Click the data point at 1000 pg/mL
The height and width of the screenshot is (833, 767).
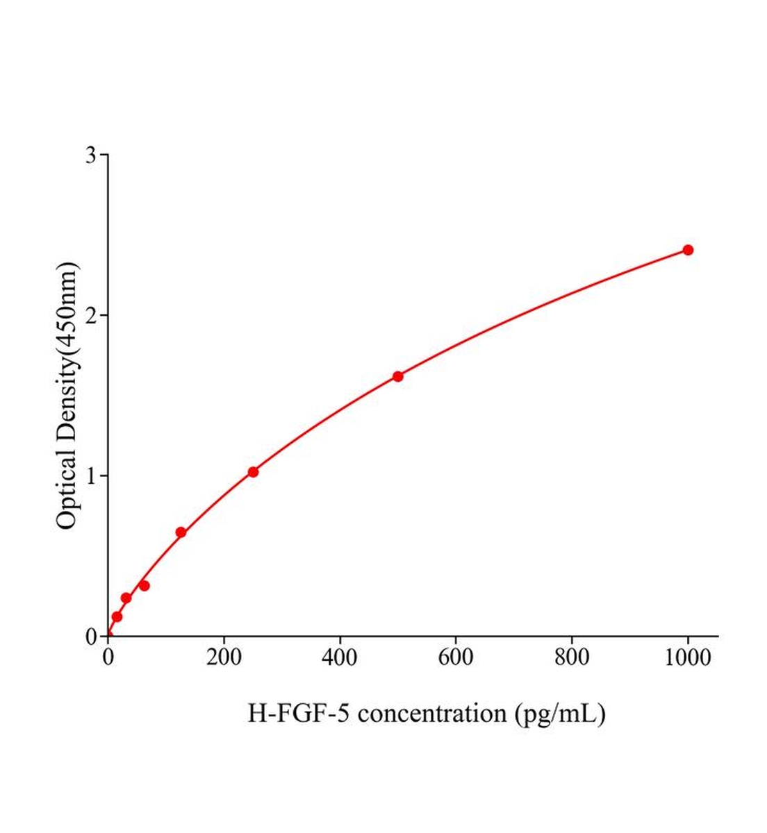(x=688, y=250)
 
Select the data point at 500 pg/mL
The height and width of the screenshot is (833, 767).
(x=398, y=376)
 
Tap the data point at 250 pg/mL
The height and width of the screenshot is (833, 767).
(x=253, y=472)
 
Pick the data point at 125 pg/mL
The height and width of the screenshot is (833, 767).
(x=181, y=532)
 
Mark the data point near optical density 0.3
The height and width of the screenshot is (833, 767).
(x=144, y=585)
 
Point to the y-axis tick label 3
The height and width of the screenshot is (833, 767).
(x=91, y=155)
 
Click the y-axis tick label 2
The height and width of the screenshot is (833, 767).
(x=91, y=315)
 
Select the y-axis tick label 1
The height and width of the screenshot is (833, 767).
(x=91, y=476)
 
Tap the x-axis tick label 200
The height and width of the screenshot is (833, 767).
(x=224, y=657)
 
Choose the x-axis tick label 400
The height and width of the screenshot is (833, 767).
(x=340, y=657)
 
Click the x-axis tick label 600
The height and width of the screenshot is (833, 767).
(x=456, y=657)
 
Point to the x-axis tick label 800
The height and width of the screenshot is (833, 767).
(x=572, y=657)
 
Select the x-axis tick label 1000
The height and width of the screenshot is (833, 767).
(x=688, y=657)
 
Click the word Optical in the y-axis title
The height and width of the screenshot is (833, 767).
(x=67, y=488)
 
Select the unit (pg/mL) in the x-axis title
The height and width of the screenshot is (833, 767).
(x=560, y=713)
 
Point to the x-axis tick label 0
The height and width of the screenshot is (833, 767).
(x=108, y=657)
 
